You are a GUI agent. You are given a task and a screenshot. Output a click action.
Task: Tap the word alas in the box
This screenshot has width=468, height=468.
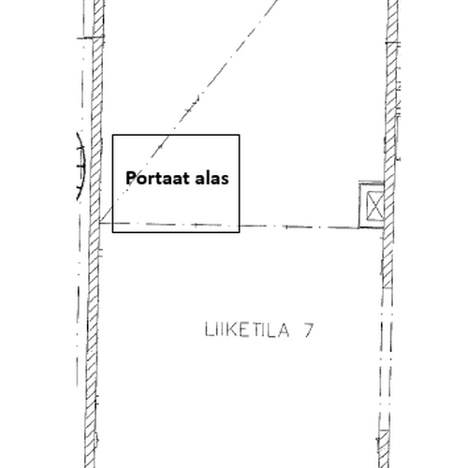click(x=212, y=178)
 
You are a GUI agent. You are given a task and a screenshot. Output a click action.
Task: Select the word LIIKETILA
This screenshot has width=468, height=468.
click(x=247, y=329)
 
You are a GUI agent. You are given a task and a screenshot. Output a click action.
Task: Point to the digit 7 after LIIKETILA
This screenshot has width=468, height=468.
click(x=308, y=329)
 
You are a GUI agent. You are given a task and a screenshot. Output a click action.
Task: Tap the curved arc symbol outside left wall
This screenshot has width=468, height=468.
click(x=81, y=167)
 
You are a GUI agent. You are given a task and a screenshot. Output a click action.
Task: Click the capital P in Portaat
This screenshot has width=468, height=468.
click(x=131, y=179)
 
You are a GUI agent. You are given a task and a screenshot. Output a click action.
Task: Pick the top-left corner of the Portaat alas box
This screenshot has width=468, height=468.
click(x=112, y=135)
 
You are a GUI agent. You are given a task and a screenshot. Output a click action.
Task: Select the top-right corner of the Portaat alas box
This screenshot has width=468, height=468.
click(x=240, y=135)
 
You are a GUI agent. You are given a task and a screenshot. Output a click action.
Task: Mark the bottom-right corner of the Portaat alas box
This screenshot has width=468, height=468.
click(x=240, y=232)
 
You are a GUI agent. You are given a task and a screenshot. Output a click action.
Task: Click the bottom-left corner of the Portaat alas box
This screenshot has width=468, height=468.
click(x=112, y=232)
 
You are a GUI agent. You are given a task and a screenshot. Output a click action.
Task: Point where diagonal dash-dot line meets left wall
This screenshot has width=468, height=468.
click(x=100, y=223)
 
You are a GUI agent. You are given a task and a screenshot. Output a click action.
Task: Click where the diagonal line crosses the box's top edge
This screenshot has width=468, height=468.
click(x=169, y=135)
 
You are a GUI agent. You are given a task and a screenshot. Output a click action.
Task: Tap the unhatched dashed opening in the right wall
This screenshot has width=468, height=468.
click(x=387, y=358)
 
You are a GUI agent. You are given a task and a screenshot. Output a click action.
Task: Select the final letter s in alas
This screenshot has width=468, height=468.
click(x=225, y=180)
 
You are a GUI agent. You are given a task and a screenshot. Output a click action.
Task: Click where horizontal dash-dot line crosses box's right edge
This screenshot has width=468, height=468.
click(x=240, y=226)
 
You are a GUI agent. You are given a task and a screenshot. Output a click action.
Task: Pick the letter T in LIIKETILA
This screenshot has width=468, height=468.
click(x=255, y=329)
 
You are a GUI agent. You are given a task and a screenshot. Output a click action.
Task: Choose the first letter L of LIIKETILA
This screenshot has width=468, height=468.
click(x=209, y=329)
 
